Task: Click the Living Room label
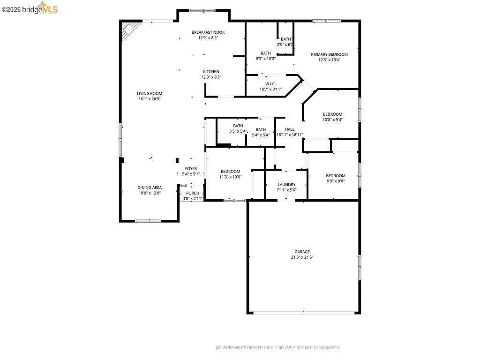pos(149,93)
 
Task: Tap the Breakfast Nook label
pos(208,32)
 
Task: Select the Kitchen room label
pos(211,72)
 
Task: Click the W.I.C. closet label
pos(270,84)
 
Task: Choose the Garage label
pos(302,252)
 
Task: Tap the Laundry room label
pos(286,185)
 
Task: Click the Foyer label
pos(191,169)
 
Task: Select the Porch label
pos(193,193)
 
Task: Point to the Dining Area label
pos(150,187)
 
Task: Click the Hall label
pos(290,129)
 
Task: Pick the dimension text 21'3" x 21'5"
pos(302,257)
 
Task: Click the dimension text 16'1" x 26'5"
pos(149,99)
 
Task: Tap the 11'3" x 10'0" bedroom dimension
pos(231,177)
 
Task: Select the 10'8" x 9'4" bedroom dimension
pos(332,120)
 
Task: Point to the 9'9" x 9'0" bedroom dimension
pos(336,181)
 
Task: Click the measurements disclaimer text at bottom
pos(277,348)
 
